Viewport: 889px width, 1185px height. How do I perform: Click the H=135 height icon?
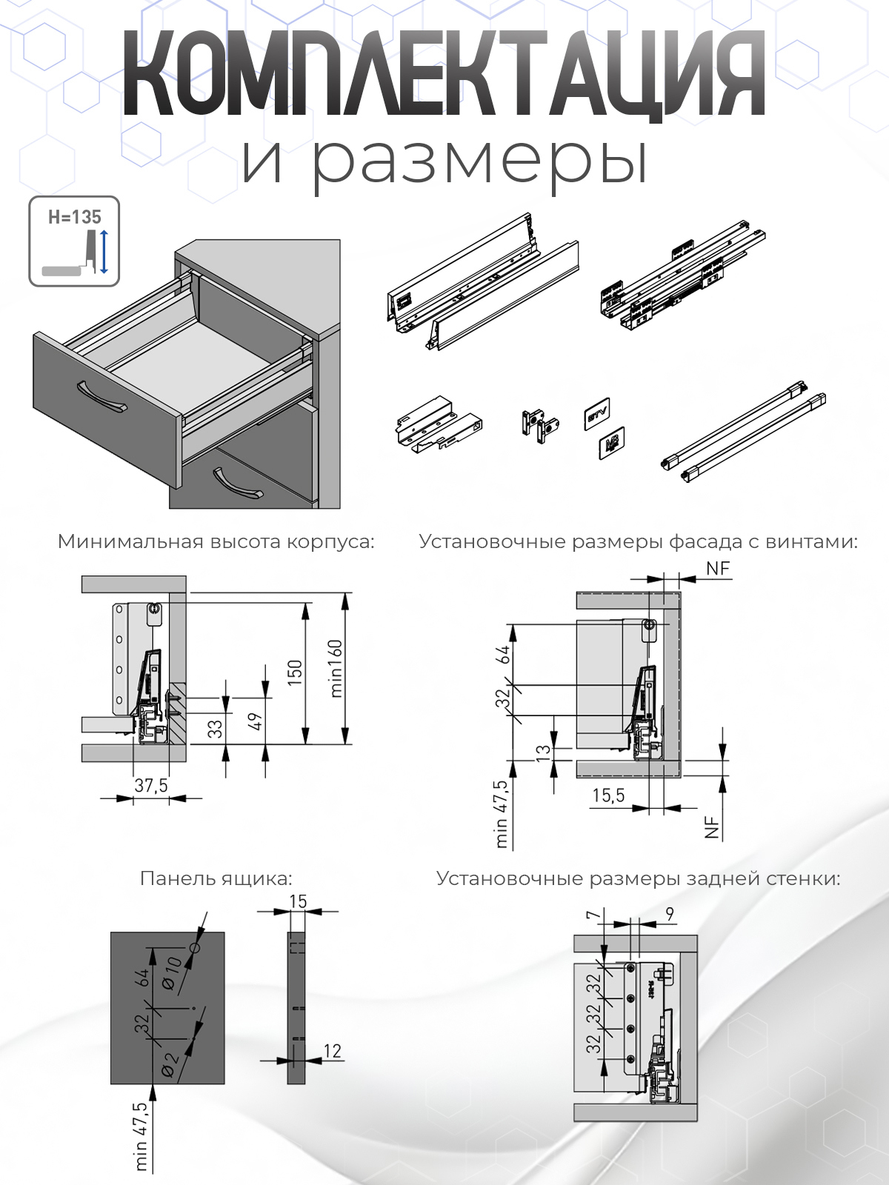[x=74, y=241]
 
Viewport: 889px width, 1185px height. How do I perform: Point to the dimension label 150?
[x=295, y=672]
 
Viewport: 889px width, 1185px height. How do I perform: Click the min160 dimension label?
[x=336, y=669]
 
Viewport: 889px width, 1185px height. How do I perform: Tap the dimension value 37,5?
[x=150, y=785]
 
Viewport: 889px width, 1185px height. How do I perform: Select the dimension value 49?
[x=256, y=721]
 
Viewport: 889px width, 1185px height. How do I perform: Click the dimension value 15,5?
[x=609, y=795]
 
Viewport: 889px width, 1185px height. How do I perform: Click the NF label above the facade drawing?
[x=718, y=569]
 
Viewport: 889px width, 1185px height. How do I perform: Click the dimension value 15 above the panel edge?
[x=298, y=901]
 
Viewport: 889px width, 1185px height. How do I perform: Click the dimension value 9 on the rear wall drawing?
[x=669, y=914]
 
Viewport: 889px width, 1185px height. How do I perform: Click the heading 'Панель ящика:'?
[x=216, y=878]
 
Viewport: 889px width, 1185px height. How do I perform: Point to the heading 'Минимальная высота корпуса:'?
[x=216, y=541]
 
